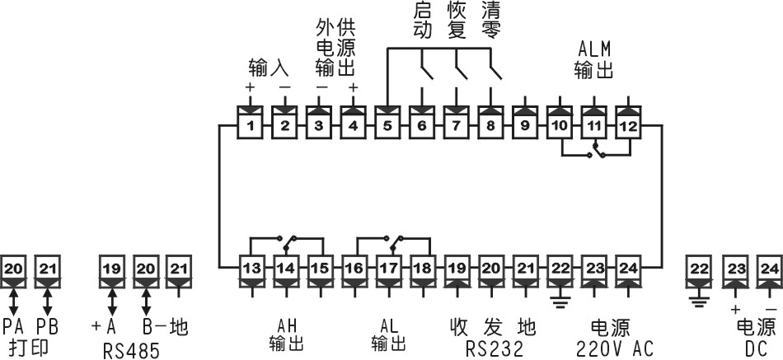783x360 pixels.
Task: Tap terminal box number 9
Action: coord(523,126)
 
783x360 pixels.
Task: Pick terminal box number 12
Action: coord(628,126)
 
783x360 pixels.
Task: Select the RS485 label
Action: coord(131,349)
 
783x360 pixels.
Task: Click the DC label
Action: coord(757,348)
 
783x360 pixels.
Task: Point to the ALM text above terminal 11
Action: coord(593,49)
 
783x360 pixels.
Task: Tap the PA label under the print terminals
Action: coord(14,327)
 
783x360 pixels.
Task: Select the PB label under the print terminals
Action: coord(46,327)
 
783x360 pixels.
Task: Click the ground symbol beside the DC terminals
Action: coord(699,299)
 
